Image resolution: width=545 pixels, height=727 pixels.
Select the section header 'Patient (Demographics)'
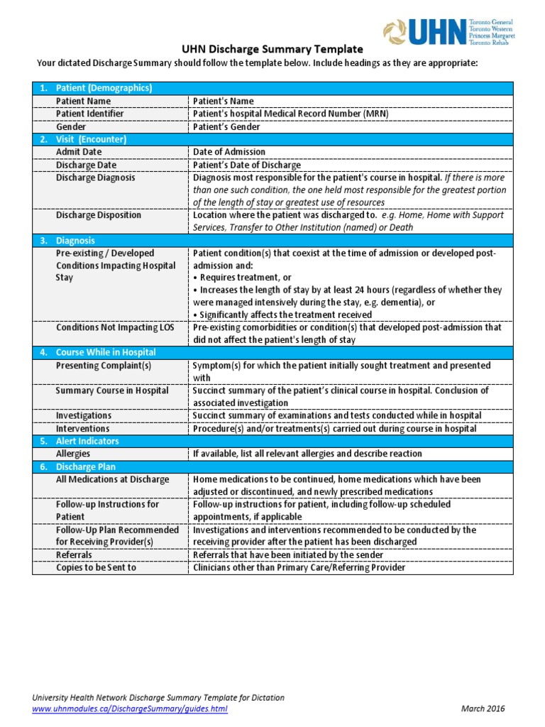click(104, 88)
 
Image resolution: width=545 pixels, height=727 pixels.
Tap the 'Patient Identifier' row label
click(89, 114)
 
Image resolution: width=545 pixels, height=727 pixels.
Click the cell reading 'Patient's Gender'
click(226, 127)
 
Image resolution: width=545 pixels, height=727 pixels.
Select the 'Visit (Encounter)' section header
click(91, 139)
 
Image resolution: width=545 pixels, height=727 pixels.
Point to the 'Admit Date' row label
click(79, 152)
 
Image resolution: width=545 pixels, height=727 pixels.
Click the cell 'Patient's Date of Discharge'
click(247, 165)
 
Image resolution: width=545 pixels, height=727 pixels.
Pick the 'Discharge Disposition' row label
click(99, 215)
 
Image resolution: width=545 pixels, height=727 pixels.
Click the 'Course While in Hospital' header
click(106, 353)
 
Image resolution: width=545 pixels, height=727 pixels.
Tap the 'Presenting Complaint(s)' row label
click(104, 366)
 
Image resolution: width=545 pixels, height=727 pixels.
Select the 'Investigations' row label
click(84, 415)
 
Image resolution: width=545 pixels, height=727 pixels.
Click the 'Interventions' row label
click(83, 429)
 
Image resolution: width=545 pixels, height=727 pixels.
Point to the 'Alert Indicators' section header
click(87, 441)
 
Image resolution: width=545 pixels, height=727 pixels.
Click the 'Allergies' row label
click(73, 454)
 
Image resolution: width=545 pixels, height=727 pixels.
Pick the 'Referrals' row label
click(75, 555)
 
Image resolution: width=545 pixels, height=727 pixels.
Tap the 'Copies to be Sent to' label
click(96, 568)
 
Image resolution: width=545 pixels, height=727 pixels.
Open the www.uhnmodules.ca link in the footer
click(130, 709)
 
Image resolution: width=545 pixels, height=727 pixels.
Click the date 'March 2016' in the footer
click(483, 709)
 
